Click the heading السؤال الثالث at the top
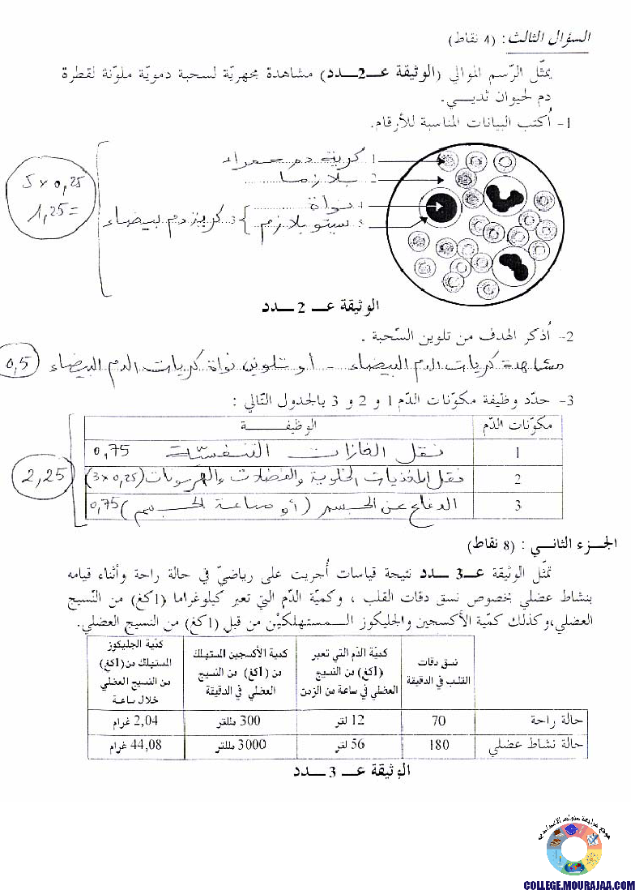pos(546,38)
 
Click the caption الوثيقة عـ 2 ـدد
pos(320,307)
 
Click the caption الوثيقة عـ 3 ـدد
pos(352,771)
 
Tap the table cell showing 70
pos(439,718)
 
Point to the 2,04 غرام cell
pos(134,718)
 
